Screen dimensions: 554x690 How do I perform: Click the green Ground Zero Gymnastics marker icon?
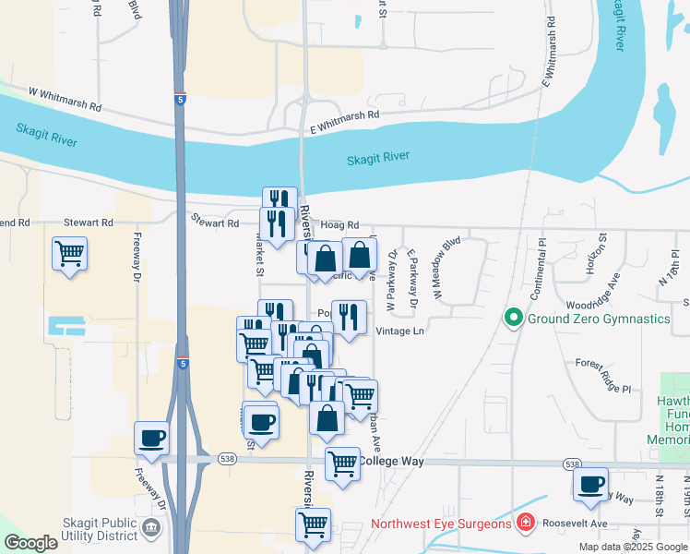coord(514,319)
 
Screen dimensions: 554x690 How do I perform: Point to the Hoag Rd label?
coord(339,224)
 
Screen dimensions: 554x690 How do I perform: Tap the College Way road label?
coord(389,461)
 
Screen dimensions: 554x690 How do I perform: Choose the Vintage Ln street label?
coord(400,331)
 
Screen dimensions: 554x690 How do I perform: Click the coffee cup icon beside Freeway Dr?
coord(151,438)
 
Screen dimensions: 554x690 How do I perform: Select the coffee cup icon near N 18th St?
coord(590,484)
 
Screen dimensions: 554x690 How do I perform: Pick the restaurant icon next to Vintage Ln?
coord(349,316)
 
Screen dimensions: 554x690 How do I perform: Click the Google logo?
coord(31,543)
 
